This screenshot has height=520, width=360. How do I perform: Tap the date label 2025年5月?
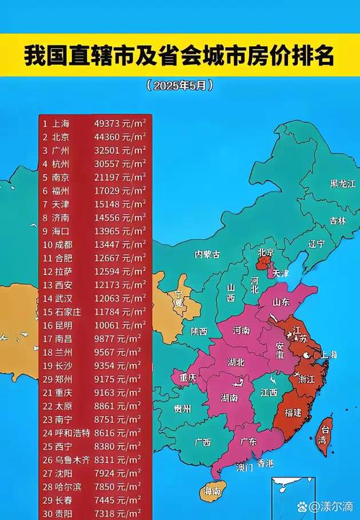point(180,85)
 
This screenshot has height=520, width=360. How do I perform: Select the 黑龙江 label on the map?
point(343,184)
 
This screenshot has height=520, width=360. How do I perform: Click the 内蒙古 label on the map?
point(208,254)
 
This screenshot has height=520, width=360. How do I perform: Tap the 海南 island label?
point(212,491)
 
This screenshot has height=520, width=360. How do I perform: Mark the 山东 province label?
point(281,302)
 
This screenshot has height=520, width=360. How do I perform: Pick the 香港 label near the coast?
point(266,462)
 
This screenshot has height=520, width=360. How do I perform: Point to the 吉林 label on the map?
point(337,220)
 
